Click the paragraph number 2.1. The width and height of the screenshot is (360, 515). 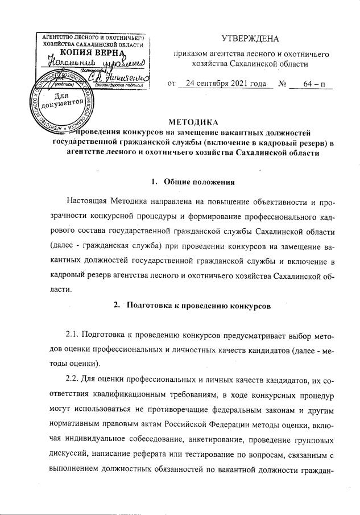[x=76, y=334]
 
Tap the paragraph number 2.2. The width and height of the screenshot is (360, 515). [x=76, y=378]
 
